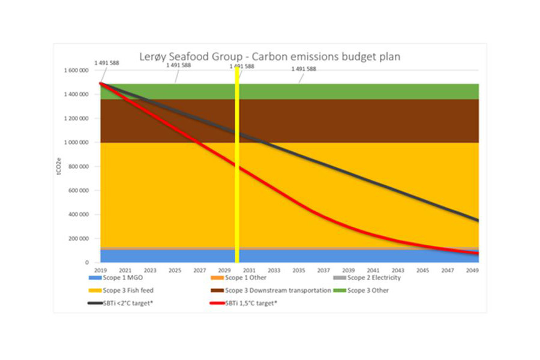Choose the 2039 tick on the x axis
pos(349,271)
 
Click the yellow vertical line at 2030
pos(237,180)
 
